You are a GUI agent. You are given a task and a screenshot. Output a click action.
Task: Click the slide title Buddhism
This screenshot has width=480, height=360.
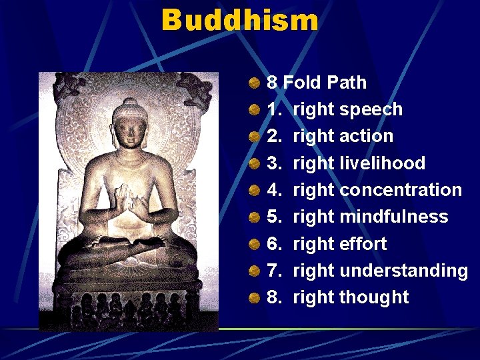pos(240,20)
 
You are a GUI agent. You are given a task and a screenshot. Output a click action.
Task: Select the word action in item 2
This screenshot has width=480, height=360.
pos(366,136)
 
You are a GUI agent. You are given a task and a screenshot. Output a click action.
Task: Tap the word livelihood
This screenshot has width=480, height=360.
pos(382,163)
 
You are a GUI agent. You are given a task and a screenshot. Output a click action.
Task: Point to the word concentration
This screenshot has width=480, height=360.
pos(400,190)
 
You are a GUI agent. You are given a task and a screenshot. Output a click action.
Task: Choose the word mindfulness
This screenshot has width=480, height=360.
pos(393,217)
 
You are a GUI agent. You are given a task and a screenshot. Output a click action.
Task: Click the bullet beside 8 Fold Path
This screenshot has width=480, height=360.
pos(255,83)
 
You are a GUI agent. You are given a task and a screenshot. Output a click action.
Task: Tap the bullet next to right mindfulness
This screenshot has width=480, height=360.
pos(255,217)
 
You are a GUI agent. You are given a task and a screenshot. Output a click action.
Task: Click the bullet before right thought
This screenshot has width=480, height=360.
pos(255,298)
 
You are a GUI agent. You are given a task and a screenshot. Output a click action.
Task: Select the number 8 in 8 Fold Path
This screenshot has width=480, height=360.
pos(272,83)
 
